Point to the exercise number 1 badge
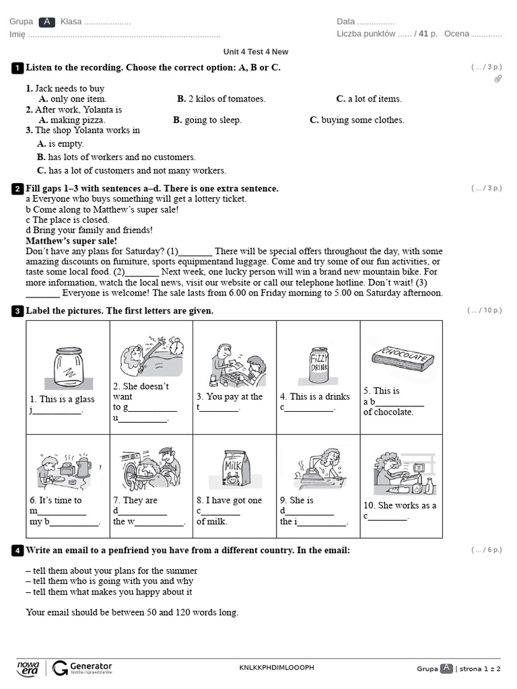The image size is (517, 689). click(x=18, y=68)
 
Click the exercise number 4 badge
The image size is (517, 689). click(x=18, y=551)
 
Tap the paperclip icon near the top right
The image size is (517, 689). click(x=498, y=79)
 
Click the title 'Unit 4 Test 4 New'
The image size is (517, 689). click(x=256, y=52)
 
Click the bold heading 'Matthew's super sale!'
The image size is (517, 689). click(x=71, y=241)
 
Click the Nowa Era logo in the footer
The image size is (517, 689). click(x=28, y=667)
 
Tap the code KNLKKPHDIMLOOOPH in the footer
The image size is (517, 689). click(x=277, y=667)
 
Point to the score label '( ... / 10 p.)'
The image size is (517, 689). click(x=485, y=311)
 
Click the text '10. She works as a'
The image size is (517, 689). click(x=400, y=506)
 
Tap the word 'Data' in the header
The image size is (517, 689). click(x=345, y=22)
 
